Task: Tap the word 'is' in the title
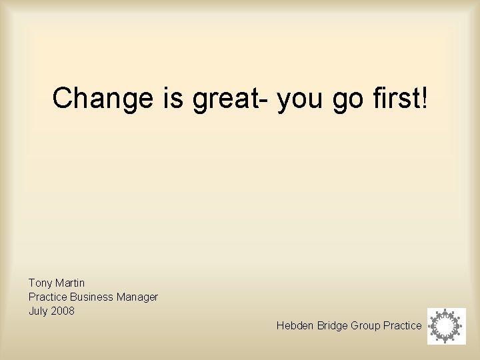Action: (x=171, y=99)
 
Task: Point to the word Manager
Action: (x=138, y=297)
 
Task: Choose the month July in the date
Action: (x=38, y=311)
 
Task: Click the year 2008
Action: (x=63, y=311)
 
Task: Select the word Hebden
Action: (x=294, y=325)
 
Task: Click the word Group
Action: (x=366, y=325)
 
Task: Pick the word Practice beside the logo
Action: (x=403, y=325)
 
